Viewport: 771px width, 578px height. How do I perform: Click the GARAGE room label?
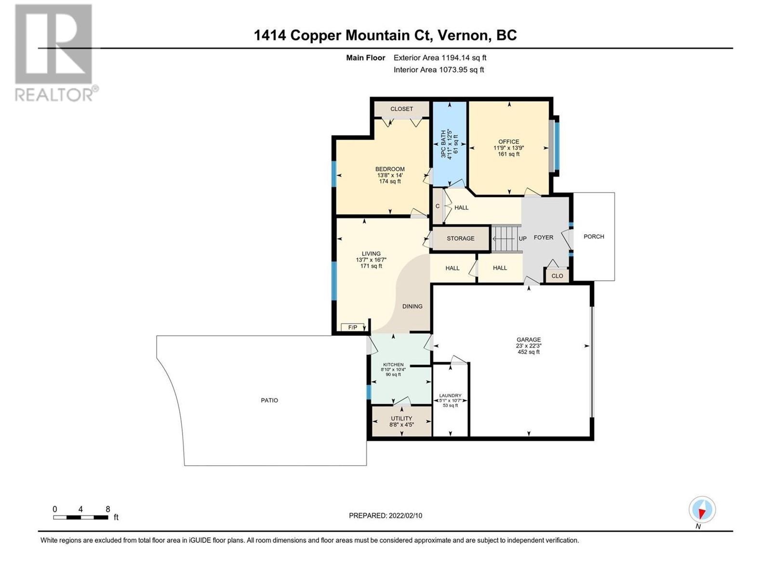[528, 340]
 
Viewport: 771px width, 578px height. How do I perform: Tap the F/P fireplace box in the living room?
[353, 328]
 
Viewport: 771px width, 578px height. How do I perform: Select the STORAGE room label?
[461, 238]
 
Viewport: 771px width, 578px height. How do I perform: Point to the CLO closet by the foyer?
[557, 276]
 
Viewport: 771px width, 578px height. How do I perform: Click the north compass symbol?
[702, 510]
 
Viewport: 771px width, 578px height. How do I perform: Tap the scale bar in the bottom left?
[80, 518]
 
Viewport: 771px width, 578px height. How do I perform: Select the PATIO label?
[269, 400]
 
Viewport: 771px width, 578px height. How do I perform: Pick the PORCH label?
[594, 237]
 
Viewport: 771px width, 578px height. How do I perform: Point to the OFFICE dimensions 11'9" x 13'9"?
[508, 148]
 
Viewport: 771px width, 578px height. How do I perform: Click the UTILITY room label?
[401, 419]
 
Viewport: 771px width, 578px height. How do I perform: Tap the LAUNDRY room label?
[450, 395]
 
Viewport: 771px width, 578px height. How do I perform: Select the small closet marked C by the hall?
[438, 206]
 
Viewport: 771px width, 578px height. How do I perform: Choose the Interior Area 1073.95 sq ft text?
[439, 70]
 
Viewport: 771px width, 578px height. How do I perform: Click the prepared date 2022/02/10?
[405, 516]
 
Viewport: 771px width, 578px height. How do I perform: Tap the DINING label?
[412, 306]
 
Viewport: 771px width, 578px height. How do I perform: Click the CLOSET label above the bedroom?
[401, 109]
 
